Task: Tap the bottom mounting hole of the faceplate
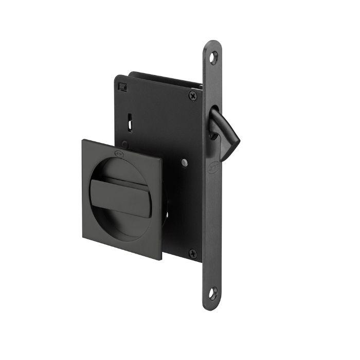tap(213, 294)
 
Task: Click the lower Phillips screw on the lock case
tap(192, 253)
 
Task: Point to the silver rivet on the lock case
tap(184, 163)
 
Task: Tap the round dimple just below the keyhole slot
tap(127, 145)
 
